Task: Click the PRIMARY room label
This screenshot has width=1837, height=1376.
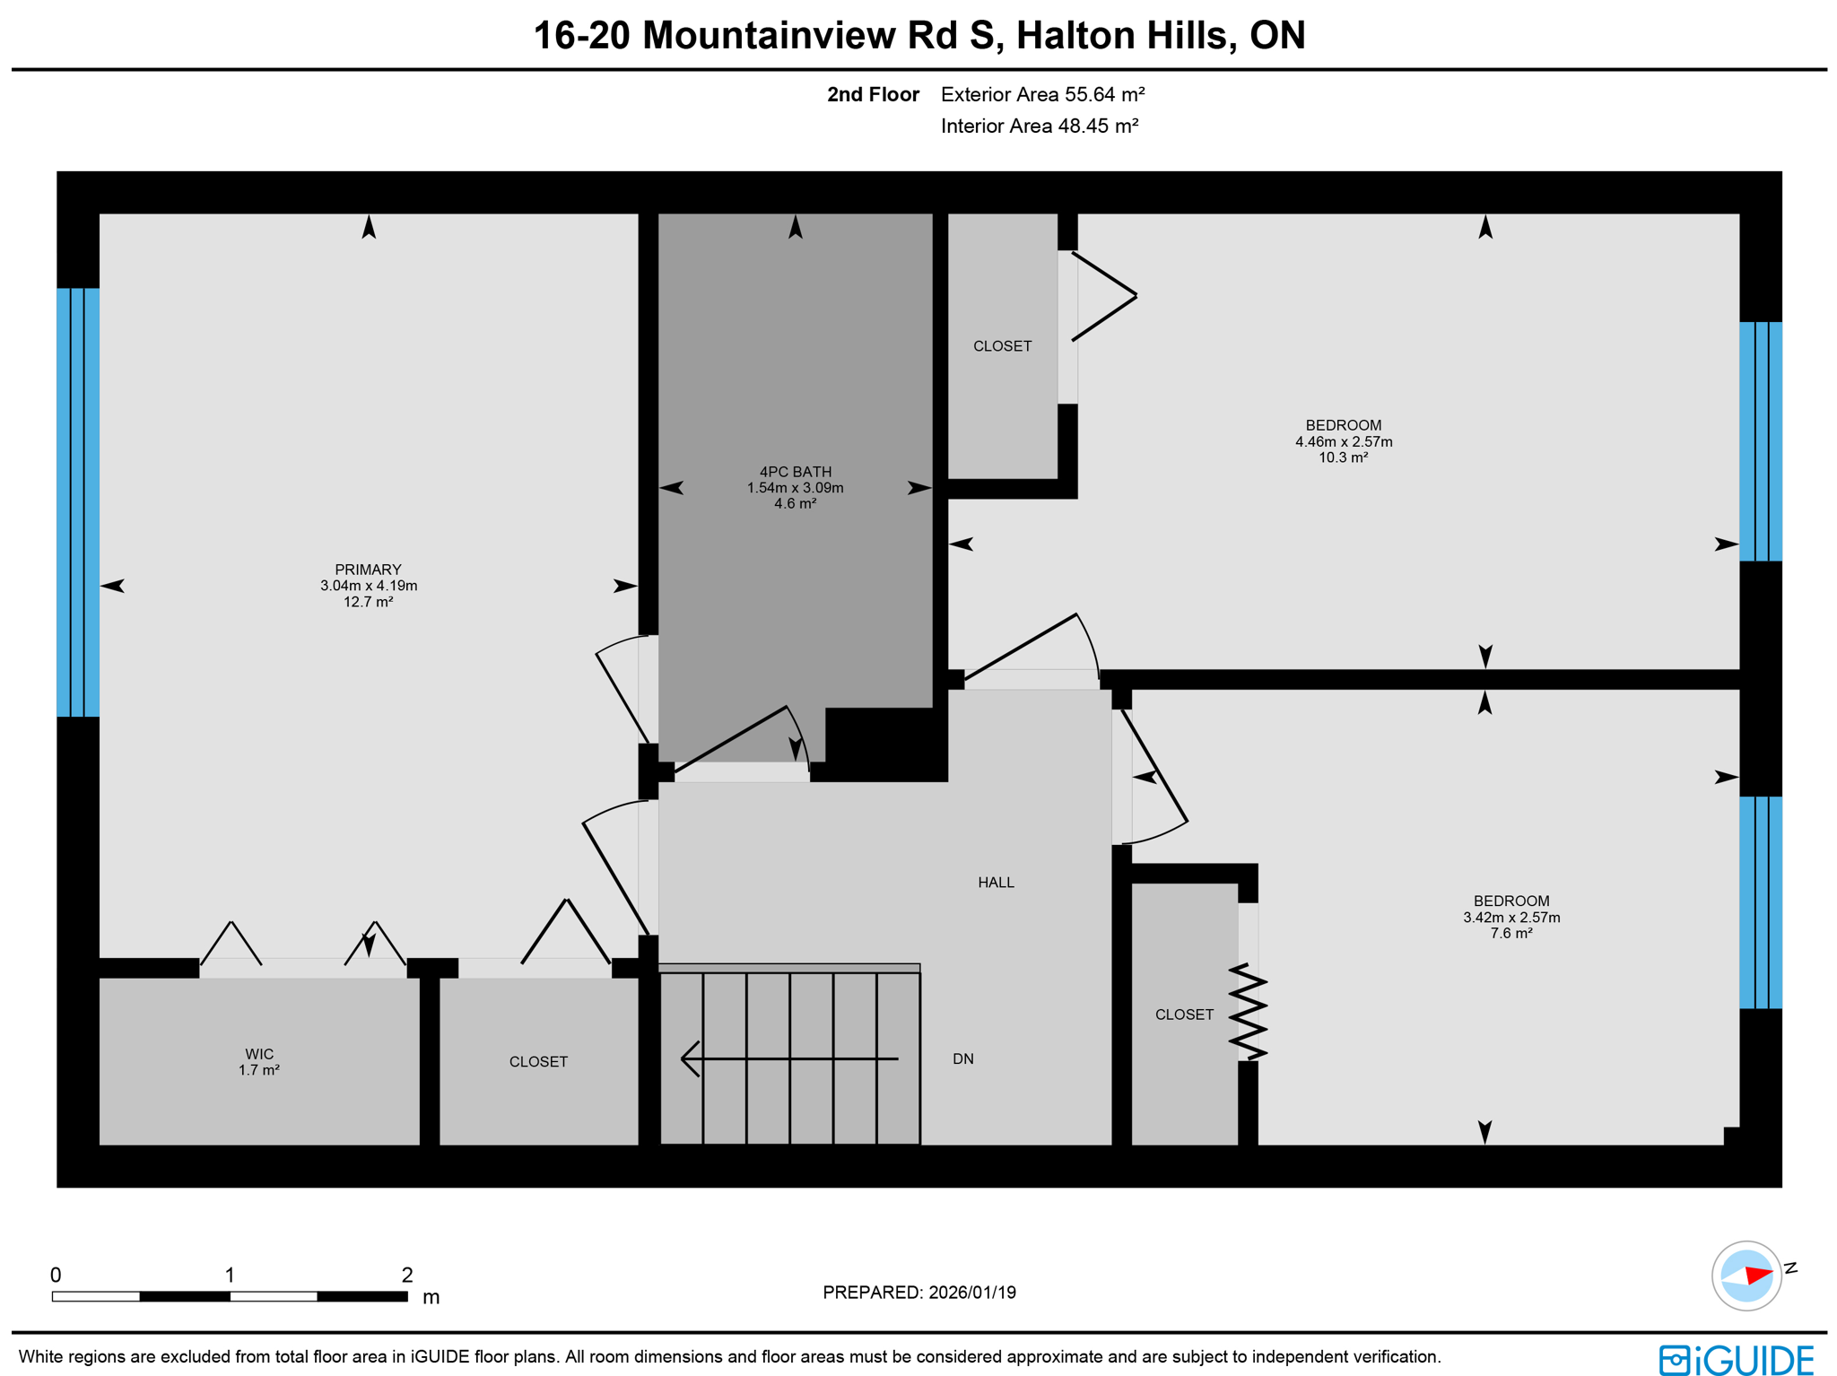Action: pyautogui.click(x=368, y=570)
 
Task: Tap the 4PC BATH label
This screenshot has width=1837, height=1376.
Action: pyautogui.click(x=795, y=472)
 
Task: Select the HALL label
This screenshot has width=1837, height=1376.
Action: pyautogui.click(x=996, y=883)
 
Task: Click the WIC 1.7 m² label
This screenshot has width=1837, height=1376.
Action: pyautogui.click(x=259, y=1062)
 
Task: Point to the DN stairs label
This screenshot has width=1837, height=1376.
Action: pyautogui.click(x=962, y=1059)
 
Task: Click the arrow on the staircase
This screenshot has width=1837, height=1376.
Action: pyautogui.click(x=789, y=1058)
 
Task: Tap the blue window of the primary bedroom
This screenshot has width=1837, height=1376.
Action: pyautogui.click(x=78, y=502)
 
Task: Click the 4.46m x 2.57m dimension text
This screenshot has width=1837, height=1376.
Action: pyautogui.click(x=1343, y=441)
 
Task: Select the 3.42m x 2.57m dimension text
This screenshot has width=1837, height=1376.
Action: pyautogui.click(x=1511, y=918)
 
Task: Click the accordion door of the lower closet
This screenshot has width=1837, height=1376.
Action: pyautogui.click(x=1248, y=1012)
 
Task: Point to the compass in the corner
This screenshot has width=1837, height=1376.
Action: pyautogui.click(x=1746, y=1276)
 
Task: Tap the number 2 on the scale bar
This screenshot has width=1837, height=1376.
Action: pyautogui.click(x=407, y=1275)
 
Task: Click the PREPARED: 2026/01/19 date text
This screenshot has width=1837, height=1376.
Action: pyautogui.click(x=918, y=1293)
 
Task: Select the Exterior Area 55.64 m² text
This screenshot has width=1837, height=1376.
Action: pyautogui.click(x=1042, y=94)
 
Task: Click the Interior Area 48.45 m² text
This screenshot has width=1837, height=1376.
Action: pyautogui.click(x=1039, y=126)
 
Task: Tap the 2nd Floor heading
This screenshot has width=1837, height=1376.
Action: pyautogui.click(x=873, y=94)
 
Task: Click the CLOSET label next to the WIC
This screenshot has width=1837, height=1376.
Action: pyautogui.click(x=538, y=1062)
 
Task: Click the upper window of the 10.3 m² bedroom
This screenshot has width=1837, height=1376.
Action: pyautogui.click(x=1760, y=441)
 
